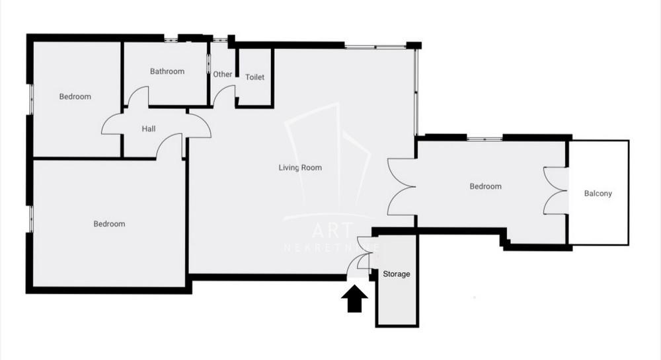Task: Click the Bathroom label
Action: pos(167,71)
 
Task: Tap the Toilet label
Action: pos(254,77)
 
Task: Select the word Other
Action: pos(223,74)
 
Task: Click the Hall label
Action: pos(149,129)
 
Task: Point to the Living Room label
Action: pos(300,168)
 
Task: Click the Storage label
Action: pos(397,274)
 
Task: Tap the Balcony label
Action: pos(598,194)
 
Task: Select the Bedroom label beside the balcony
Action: pos(485,186)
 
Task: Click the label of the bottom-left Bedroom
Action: pos(109,224)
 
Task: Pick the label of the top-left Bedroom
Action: pos(75,96)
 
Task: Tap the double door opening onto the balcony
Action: pos(556,191)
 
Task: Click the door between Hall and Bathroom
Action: pos(138,99)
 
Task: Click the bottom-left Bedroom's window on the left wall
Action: pos(30,218)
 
